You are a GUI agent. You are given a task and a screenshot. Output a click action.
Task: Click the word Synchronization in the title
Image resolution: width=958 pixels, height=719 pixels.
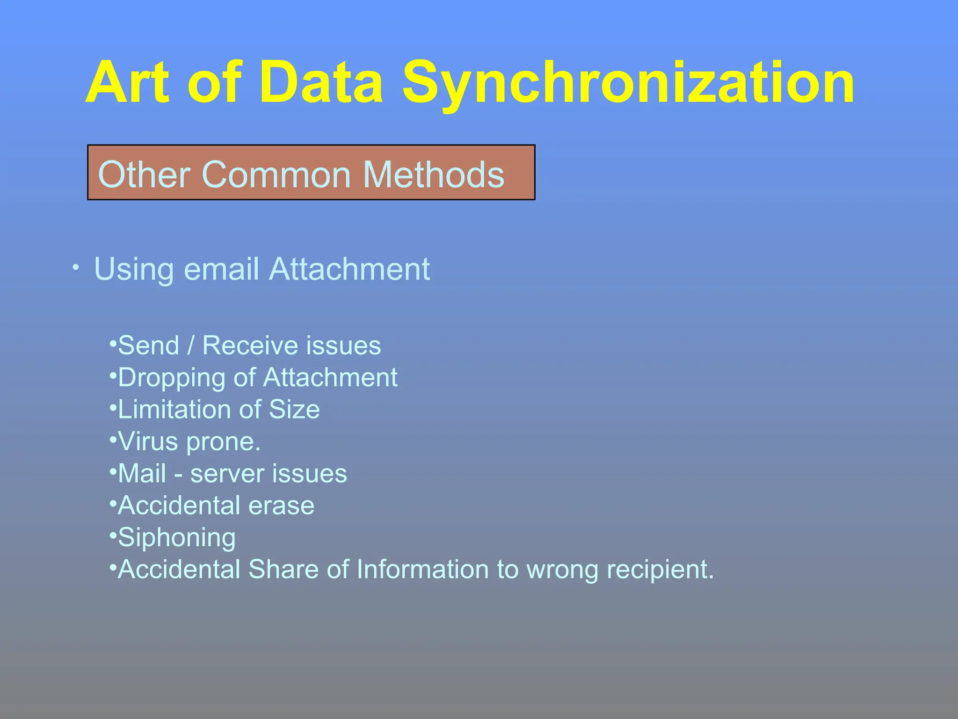[x=628, y=83]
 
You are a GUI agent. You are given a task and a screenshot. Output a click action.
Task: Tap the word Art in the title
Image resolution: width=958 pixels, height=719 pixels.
[x=127, y=83]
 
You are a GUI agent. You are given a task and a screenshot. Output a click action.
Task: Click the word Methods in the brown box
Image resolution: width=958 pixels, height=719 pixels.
[x=434, y=175]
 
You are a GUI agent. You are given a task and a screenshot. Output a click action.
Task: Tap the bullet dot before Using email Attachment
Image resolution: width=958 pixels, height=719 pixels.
[x=76, y=268]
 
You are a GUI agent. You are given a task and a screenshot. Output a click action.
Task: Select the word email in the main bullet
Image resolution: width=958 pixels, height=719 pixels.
[x=221, y=269]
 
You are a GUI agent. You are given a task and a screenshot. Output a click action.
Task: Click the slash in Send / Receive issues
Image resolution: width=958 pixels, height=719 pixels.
[x=190, y=346]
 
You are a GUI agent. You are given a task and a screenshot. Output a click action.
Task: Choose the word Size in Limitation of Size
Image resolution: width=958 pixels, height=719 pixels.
[x=294, y=410]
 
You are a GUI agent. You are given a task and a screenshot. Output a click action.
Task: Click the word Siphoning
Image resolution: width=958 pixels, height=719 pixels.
[x=177, y=538]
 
